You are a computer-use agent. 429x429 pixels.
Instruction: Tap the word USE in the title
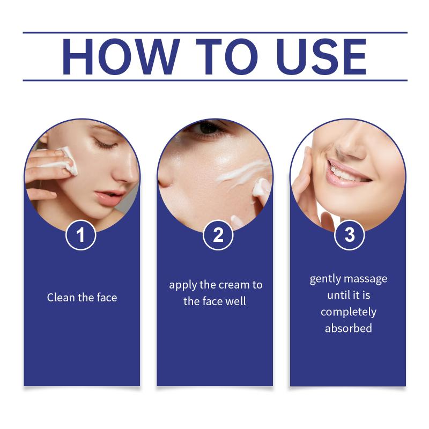point(321,57)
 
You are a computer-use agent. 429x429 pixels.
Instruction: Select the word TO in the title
point(227,57)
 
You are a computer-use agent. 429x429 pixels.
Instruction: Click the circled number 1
point(81,235)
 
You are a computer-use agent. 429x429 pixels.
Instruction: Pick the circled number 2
point(218,235)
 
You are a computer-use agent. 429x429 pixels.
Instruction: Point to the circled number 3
point(350,235)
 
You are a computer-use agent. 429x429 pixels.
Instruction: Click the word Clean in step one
point(61,298)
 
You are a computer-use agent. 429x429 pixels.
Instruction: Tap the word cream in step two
point(235,285)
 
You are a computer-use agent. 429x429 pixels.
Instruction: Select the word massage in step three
point(366,279)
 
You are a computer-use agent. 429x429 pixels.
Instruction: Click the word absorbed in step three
point(348,328)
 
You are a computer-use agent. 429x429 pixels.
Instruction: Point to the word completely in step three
point(349,312)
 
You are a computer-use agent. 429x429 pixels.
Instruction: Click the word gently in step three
point(326,279)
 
